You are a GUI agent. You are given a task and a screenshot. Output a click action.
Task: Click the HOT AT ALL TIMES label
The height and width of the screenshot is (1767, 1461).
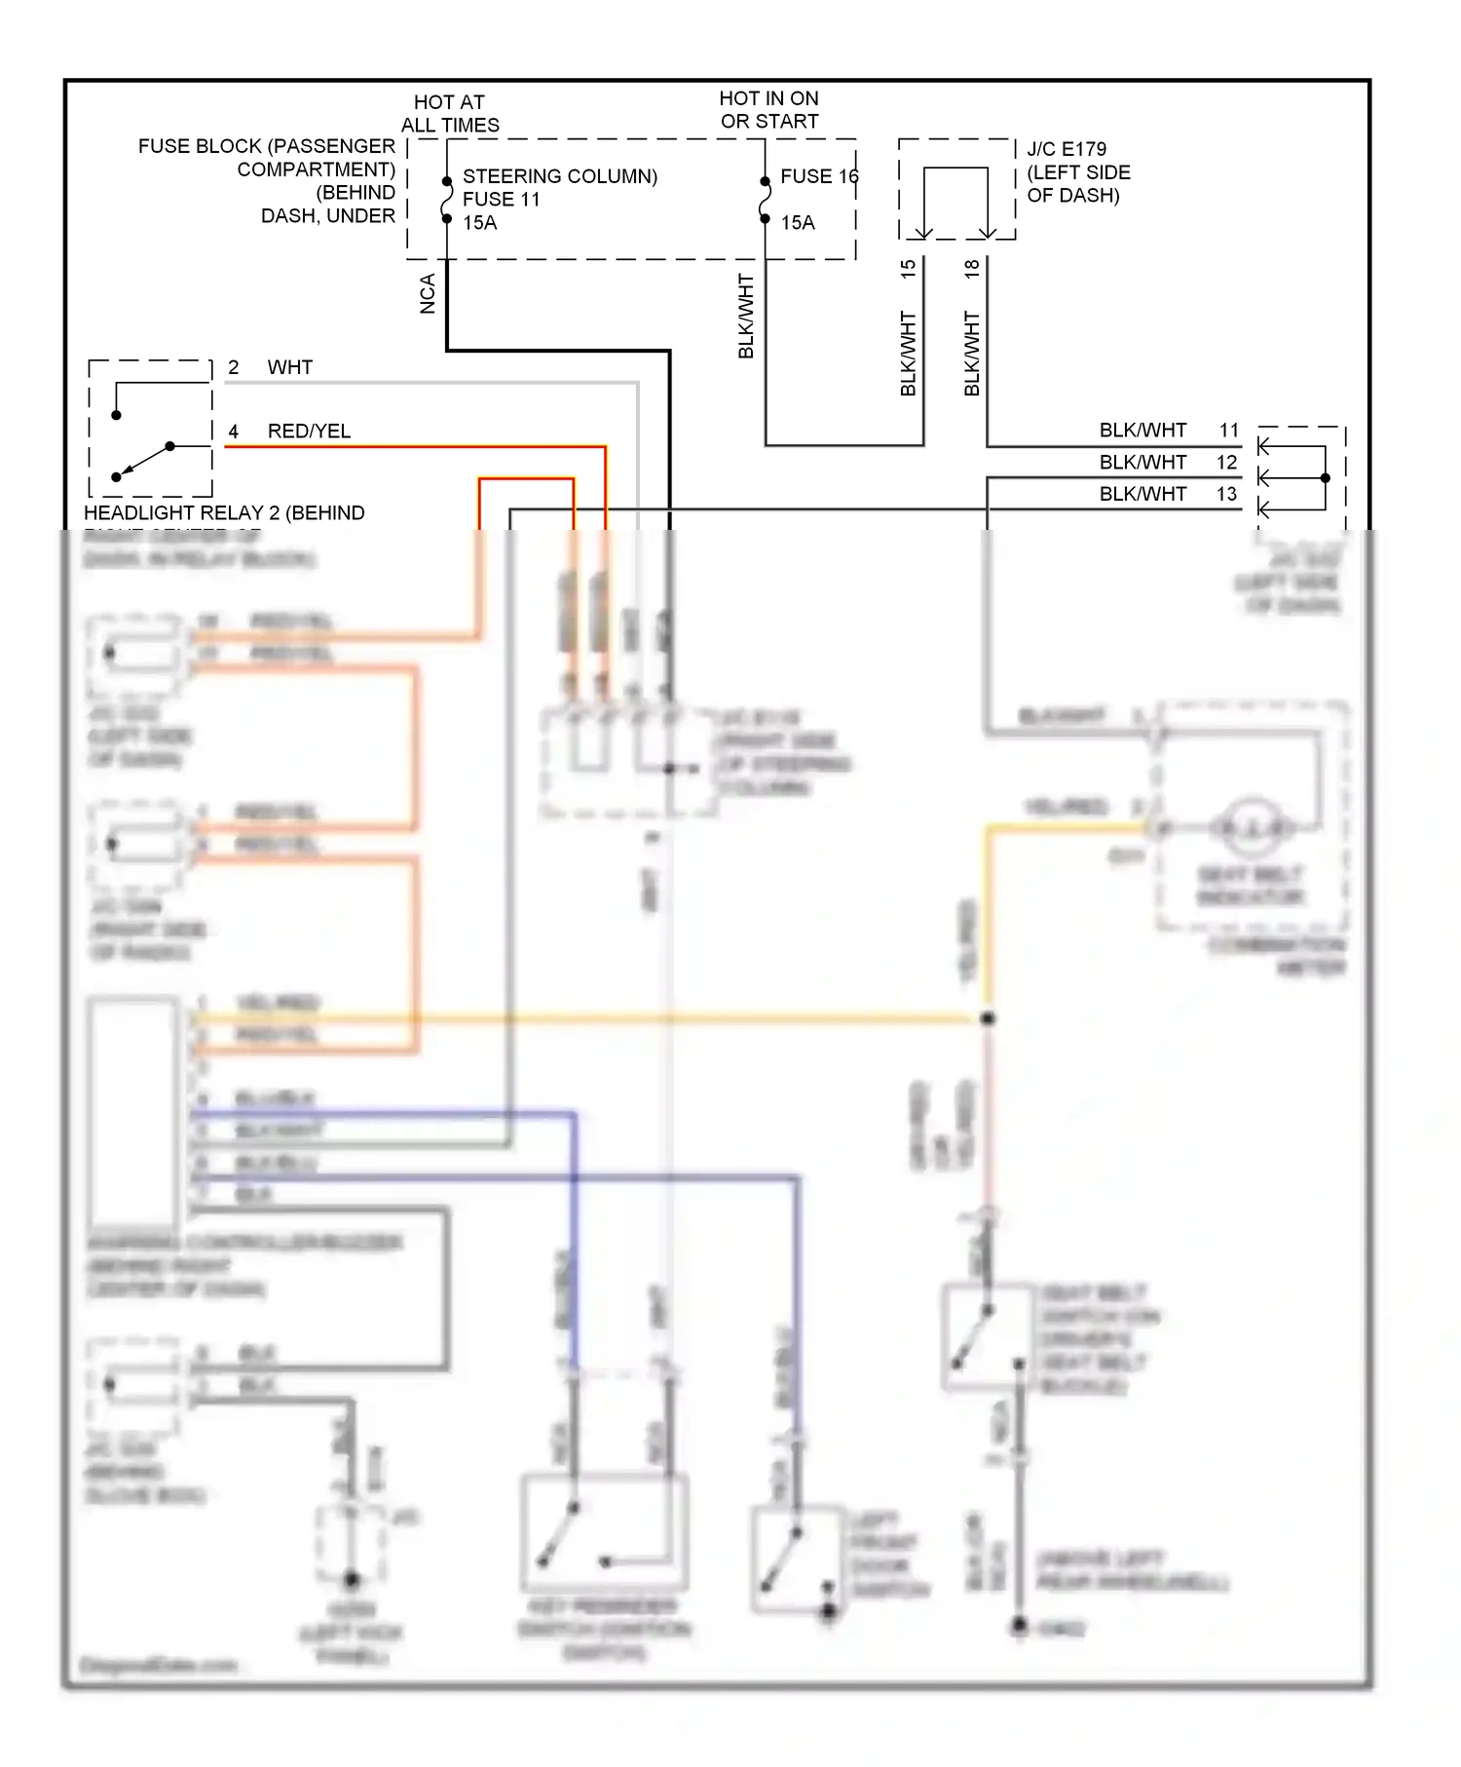coord(449,113)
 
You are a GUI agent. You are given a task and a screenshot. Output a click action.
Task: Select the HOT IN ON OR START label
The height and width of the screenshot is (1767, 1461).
coord(768,109)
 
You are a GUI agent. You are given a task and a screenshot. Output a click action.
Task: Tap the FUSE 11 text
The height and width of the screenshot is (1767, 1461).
coord(501,199)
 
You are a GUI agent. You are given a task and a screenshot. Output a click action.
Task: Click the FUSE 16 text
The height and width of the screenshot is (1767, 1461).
coord(818,176)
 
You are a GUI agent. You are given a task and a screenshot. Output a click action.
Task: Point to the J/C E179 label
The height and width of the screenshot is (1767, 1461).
coord(1067,149)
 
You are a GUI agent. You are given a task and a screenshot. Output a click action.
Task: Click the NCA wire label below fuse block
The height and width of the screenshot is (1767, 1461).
coord(428,293)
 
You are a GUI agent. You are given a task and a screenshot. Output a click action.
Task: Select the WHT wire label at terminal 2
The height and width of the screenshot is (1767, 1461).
coord(289,367)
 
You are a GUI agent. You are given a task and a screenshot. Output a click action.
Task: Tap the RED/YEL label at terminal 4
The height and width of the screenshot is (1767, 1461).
coord(309,431)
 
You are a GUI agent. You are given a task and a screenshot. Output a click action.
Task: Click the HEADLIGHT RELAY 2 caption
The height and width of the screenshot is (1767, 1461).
coord(224,512)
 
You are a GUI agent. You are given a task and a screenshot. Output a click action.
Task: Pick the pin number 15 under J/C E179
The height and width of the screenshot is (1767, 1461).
coord(908,269)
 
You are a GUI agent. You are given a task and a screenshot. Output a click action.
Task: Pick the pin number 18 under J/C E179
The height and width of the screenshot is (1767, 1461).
coord(971,269)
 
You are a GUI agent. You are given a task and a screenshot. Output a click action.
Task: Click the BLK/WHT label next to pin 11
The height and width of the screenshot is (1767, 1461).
coord(1143,430)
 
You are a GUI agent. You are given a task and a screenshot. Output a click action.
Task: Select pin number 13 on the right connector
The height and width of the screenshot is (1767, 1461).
coord(1226,494)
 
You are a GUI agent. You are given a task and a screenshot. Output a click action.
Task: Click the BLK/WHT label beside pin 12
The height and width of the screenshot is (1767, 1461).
coord(1143,462)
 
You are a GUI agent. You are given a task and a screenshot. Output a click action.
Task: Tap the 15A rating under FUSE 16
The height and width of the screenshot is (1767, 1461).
coord(797,222)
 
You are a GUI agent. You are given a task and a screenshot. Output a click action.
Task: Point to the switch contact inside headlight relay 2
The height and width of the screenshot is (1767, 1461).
coord(143,461)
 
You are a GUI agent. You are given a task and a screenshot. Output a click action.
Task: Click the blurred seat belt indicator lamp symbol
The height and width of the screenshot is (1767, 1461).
coord(1252,828)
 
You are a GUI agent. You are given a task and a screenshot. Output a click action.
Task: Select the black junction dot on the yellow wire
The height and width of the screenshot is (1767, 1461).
coord(988,1018)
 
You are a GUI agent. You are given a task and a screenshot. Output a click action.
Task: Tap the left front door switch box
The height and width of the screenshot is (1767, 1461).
coord(797,1559)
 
